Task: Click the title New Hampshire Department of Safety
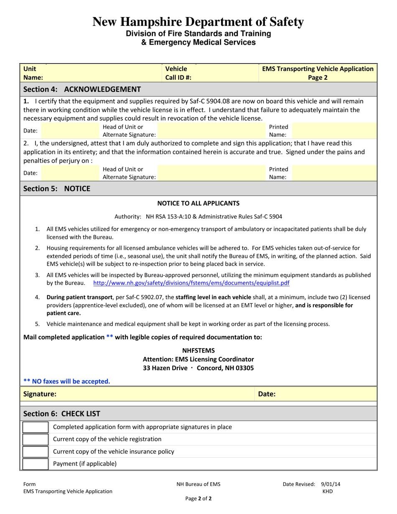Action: coord(198,21)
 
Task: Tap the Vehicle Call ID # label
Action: coord(178,73)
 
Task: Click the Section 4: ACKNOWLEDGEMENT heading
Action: coord(82,89)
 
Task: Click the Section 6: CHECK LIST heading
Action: coord(61,414)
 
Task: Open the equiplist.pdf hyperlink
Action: coord(191,283)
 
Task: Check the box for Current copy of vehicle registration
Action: coord(35,439)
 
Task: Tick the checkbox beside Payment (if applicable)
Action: coord(35,463)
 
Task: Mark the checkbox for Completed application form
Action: coord(35,427)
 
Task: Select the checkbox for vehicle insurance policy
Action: coord(35,451)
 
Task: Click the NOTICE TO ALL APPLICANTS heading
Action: coord(198,203)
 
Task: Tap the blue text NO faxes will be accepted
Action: coord(67,381)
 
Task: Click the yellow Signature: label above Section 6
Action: coord(40,394)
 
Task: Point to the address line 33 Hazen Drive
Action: coord(198,368)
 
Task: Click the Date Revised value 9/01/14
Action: coord(331,484)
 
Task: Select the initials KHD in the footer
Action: coord(328,491)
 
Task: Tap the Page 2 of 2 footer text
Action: coord(198,499)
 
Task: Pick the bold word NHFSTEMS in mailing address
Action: coord(198,350)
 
